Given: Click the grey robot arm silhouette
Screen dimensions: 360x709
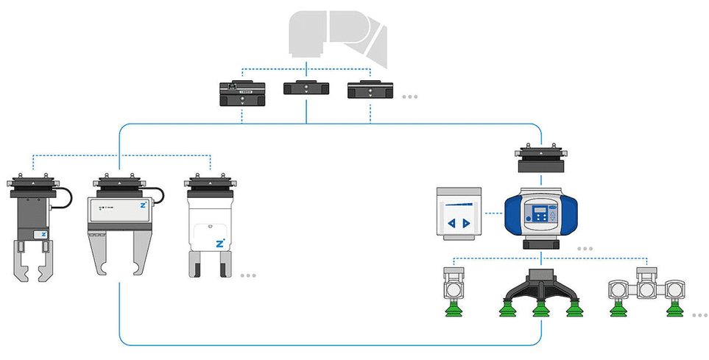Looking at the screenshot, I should coord(335,37).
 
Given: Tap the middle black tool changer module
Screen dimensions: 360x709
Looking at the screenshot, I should coord(306,89).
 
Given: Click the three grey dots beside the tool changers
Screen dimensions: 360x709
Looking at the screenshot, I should coord(409,96).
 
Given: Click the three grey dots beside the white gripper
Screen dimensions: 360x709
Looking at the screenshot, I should coord(248,275).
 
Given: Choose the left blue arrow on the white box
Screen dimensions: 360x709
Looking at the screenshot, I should coord(452,223).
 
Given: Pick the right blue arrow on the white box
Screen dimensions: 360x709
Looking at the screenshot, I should coord(467,223).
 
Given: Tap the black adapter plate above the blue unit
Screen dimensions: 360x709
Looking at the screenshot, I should coord(541,157).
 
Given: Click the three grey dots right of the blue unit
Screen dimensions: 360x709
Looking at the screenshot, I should coord(585,249).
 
